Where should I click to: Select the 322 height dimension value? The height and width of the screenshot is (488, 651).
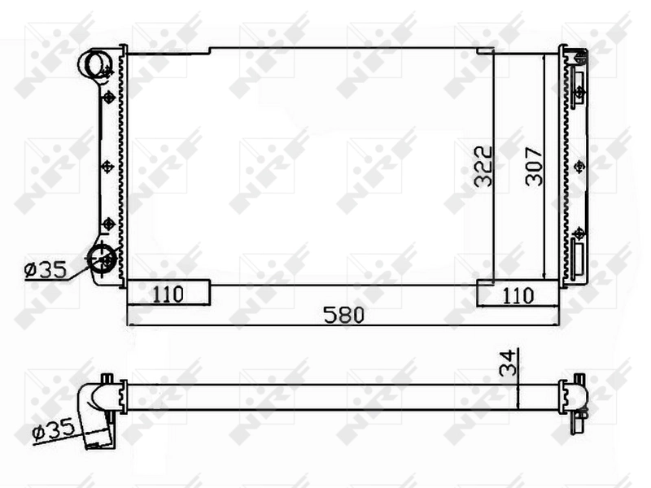483,167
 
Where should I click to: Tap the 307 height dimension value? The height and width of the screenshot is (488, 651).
533,167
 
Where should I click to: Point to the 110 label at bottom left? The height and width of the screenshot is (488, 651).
168,294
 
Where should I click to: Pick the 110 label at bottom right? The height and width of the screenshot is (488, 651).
517,294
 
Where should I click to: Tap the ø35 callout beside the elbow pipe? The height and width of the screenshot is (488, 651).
53,429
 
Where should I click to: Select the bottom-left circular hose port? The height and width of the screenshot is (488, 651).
103,258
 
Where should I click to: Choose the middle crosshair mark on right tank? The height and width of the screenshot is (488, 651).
579,166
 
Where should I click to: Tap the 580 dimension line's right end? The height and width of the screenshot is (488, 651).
557,325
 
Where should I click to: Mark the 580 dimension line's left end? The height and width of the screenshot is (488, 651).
129,325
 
